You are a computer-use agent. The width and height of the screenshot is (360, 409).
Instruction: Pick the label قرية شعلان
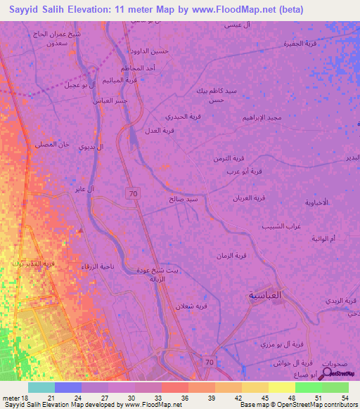coord(191,306)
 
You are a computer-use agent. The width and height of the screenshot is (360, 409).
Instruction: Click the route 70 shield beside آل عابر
coord(131,193)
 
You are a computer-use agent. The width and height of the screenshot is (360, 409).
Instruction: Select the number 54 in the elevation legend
coord(344,397)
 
